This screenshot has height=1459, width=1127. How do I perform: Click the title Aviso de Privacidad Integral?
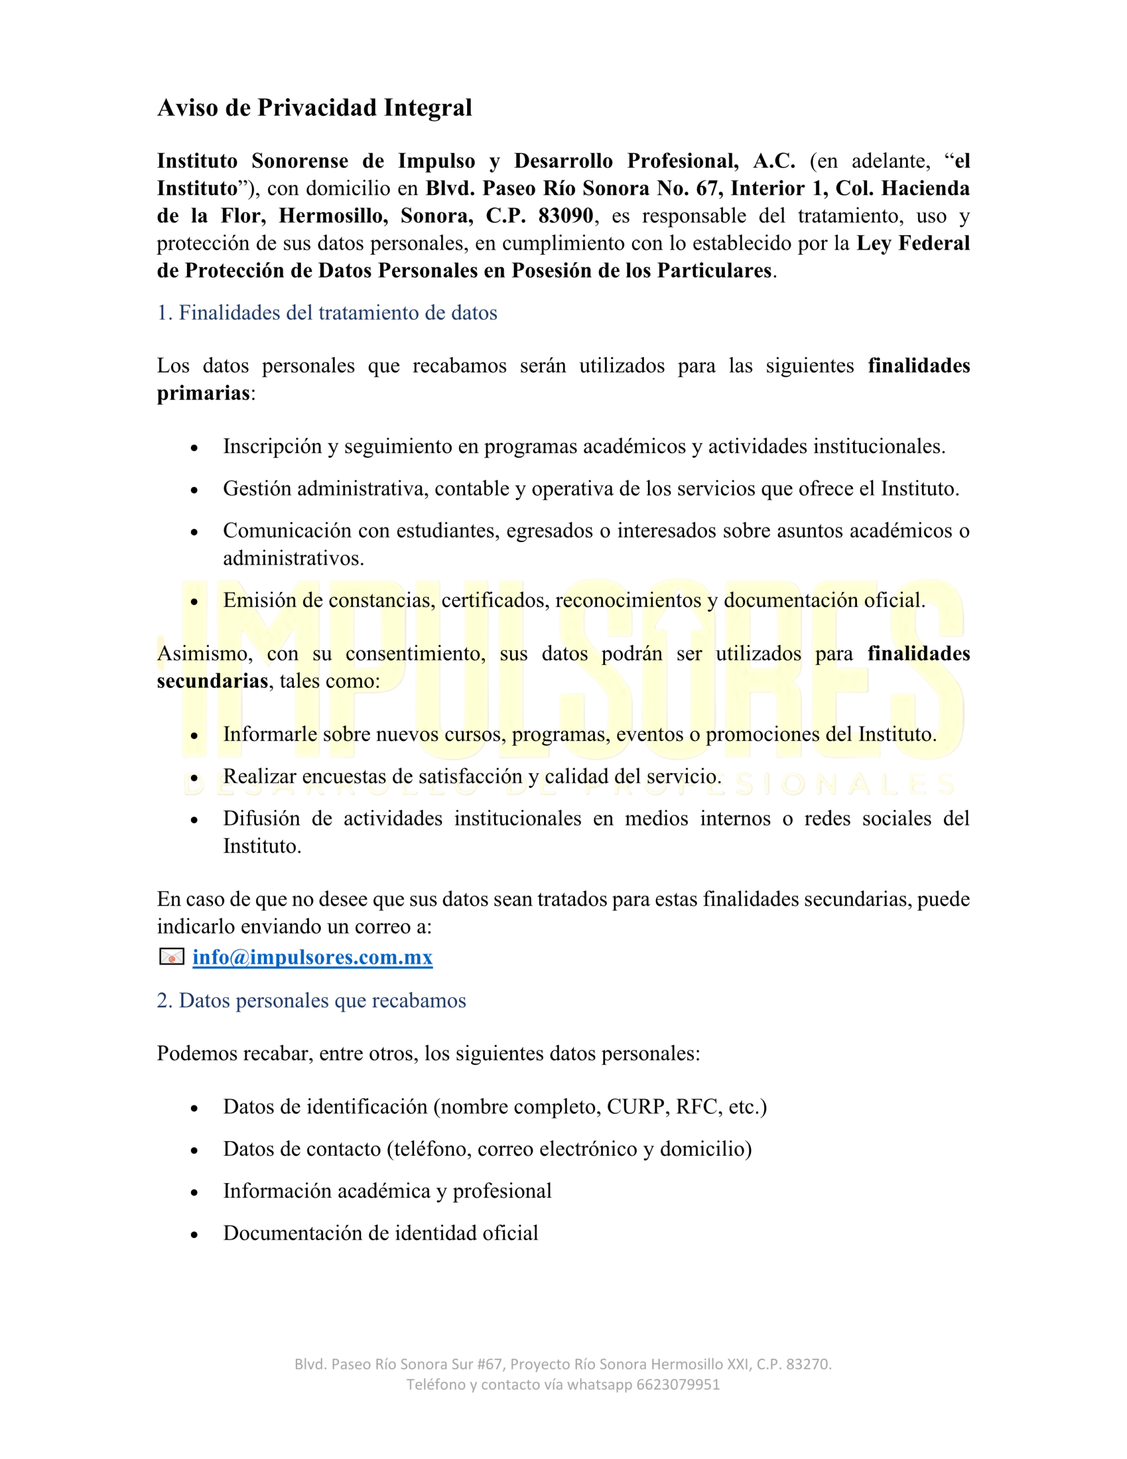click(x=314, y=108)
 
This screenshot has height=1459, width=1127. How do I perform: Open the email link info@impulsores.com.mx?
click(x=312, y=957)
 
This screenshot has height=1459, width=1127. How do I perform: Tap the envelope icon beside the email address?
click(x=171, y=957)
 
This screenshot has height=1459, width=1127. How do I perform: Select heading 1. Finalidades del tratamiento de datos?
click(x=326, y=313)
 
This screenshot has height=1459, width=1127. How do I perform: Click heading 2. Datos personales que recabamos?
click(x=311, y=1000)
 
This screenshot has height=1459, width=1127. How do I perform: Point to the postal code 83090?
click(x=566, y=216)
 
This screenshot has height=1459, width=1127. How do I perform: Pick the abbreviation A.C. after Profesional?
click(x=774, y=161)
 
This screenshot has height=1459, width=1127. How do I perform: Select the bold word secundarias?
click(x=213, y=680)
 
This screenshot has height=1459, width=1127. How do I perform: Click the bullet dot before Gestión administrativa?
click(x=194, y=490)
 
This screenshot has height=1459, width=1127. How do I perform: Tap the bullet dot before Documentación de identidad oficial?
click(x=194, y=1234)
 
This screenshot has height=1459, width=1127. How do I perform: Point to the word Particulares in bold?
click(x=714, y=271)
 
